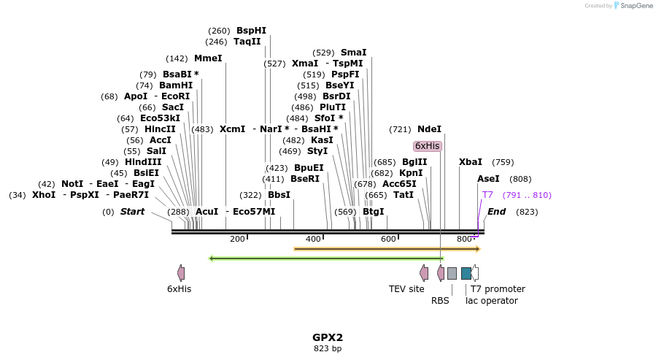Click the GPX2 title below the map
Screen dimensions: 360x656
pos(328,337)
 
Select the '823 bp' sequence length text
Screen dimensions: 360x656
pos(328,349)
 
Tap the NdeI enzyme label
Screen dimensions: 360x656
pos(429,129)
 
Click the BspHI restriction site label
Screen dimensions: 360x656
pos(251,31)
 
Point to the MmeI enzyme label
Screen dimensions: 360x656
pos(208,58)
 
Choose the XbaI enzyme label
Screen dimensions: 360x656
pos(471,162)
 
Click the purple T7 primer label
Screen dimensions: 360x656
pos(487,195)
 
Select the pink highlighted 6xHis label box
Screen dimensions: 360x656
pos(427,146)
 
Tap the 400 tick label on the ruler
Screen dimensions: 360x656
pos(313,240)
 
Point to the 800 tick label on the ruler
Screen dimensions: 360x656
pos(464,240)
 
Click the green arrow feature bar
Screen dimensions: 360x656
pos(326,258)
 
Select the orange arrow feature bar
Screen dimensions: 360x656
pos(387,249)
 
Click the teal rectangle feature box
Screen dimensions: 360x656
pos(466,273)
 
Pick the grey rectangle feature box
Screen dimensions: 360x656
pos(452,273)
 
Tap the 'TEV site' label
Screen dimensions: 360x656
pos(406,289)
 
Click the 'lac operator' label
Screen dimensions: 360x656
pos(492,300)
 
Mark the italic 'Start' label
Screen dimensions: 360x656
pos(132,212)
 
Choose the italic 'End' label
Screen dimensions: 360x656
pos(496,212)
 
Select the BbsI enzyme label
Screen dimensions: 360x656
pos(279,195)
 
